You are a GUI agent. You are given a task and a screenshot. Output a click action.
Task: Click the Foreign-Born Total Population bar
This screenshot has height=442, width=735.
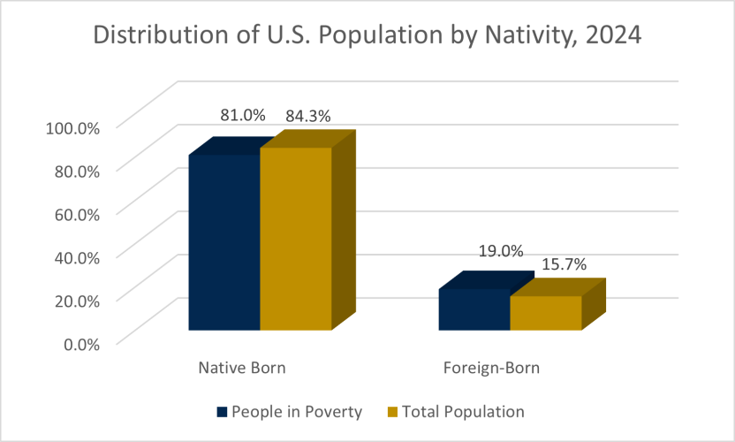click(x=545, y=313)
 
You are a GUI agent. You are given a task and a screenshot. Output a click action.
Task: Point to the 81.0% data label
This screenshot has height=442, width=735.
click(x=242, y=115)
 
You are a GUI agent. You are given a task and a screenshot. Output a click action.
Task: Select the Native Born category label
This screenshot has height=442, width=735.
click(x=242, y=367)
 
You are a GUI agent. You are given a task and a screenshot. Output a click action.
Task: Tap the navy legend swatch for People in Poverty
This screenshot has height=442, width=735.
click(x=222, y=412)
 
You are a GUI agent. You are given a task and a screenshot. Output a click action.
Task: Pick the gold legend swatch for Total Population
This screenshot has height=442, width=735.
click(x=392, y=412)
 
